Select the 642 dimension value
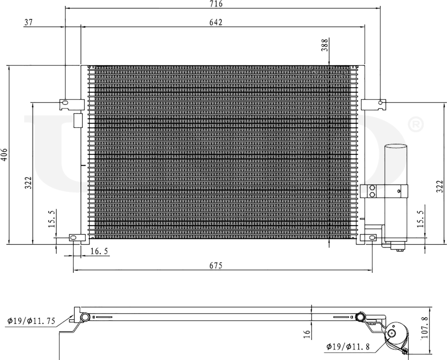(216, 23)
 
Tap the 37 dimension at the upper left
(28, 23)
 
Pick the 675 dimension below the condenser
(216, 266)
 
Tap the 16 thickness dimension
(307, 334)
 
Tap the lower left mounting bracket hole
(73, 238)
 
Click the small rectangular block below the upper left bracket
(78, 120)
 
